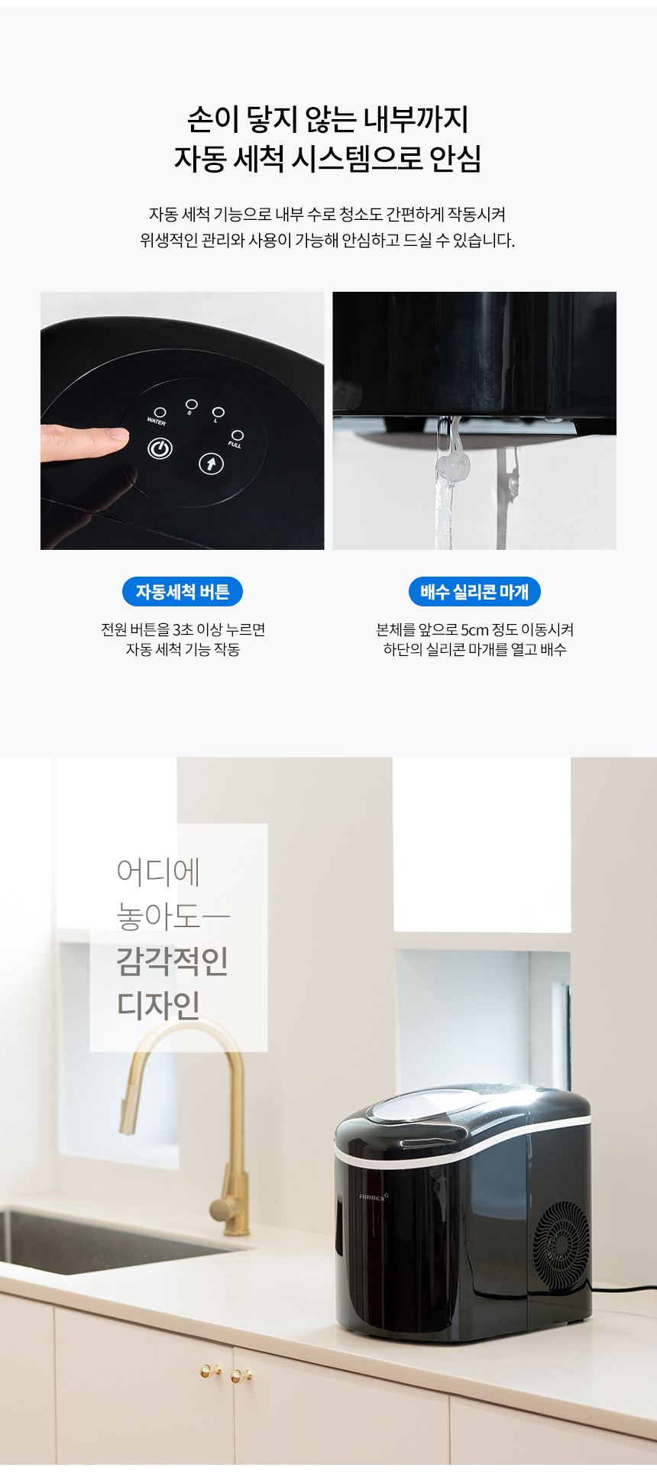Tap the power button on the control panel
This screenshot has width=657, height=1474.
pyautogui.click(x=160, y=449)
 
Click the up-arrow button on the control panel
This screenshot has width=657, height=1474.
pyautogui.click(x=212, y=463)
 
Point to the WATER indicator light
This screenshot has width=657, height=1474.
pyautogui.click(x=160, y=412)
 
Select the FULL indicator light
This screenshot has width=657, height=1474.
pyautogui.click(x=238, y=435)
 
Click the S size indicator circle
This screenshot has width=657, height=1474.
pyautogui.click(x=192, y=404)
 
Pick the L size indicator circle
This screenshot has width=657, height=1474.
pyautogui.click(x=218, y=412)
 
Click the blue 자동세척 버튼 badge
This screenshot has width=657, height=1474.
pyautogui.click(x=183, y=592)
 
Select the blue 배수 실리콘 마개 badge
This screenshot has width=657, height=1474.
pyautogui.click(x=474, y=592)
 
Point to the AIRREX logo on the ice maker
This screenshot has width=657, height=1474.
pyautogui.click(x=374, y=1197)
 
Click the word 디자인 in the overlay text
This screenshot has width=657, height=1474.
pyautogui.click(x=159, y=1005)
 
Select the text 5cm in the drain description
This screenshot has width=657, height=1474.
pyautogui.click(x=474, y=630)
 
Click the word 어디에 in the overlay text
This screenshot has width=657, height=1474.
pyautogui.click(x=159, y=871)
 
